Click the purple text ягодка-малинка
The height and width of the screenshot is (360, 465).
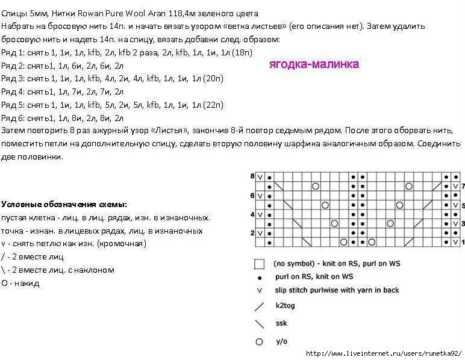point(313,64)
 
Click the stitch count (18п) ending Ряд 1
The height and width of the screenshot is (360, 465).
point(242,52)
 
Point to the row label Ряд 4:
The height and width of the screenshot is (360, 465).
point(12,92)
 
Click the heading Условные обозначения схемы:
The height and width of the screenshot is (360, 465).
point(64,204)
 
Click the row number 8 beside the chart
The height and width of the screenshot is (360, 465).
point(252,176)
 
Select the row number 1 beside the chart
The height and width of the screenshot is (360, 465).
point(462,242)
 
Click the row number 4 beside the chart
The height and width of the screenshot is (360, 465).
point(252,214)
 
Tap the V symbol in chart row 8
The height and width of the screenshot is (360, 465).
point(261,178)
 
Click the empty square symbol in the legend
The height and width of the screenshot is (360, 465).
point(260,264)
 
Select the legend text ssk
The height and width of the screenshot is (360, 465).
point(281,323)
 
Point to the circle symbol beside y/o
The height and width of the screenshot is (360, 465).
point(260,341)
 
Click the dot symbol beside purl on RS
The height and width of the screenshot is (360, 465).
point(260,278)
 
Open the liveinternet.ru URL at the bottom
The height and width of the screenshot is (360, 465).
point(384,353)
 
